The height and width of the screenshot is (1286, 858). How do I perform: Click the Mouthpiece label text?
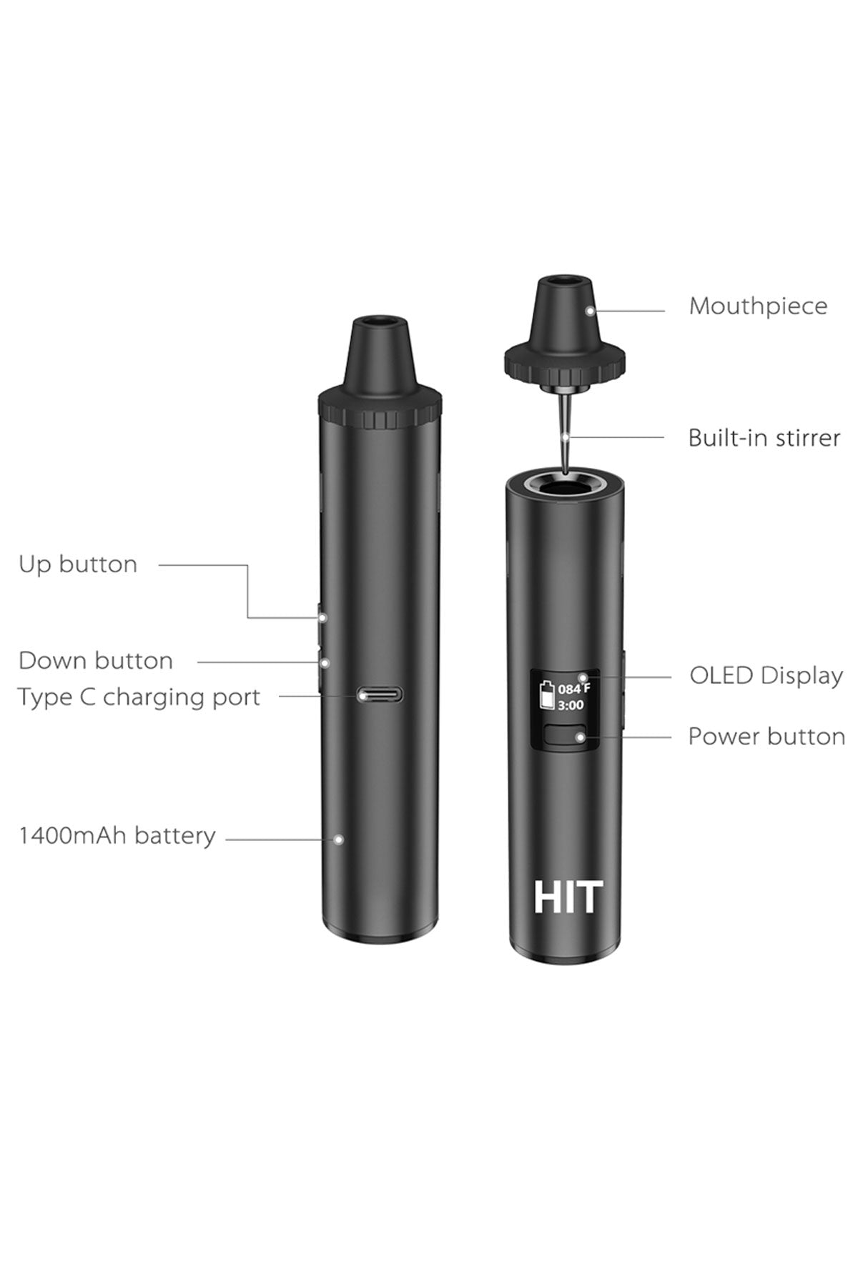(x=758, y=306)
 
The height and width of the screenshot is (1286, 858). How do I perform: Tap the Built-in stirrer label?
(x=764, y=437)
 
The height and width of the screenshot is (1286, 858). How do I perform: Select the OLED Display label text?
(x=766, y=676)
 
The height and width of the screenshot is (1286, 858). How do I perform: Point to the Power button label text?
(x=766, y=737)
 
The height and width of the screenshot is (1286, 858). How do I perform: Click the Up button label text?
(x=78, y=564)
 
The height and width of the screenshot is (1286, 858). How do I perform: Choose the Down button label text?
(x=96, y=661)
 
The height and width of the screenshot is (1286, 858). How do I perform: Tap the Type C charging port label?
(x=139, y=697)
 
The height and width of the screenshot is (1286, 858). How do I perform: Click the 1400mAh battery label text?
(x=117, y=836)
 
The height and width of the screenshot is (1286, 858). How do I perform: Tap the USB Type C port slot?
(x=380, y=694)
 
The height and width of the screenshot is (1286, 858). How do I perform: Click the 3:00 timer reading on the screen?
(x=571, y=706)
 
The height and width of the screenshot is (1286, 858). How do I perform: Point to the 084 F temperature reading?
(x=574, y=689)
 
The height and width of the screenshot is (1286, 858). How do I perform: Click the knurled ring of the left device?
(x=379, y=414)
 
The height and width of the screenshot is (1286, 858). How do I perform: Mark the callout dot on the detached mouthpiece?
(x=590, y=311)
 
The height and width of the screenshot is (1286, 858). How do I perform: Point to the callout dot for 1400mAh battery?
(x=339, y=839)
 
